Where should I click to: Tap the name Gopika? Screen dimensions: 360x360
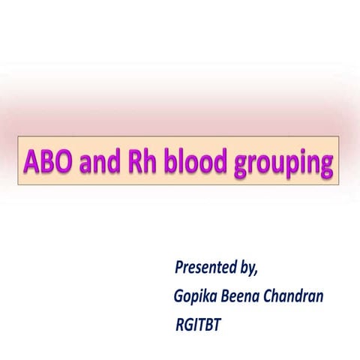coord(193,297)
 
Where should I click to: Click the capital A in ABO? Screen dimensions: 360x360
coord(31,161)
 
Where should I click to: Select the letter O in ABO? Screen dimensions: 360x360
coord(63,161)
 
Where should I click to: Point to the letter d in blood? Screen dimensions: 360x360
coord(220,161)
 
